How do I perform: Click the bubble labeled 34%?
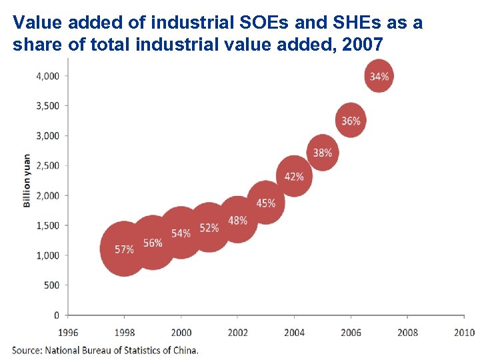379,76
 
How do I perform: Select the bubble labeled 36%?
351,121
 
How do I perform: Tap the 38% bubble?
323,153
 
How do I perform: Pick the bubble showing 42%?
294,177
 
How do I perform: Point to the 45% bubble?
266,203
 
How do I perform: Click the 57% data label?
124,249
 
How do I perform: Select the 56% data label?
153,243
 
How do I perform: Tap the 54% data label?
181,233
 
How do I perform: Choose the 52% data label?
209,228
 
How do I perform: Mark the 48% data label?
237,220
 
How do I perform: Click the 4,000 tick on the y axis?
47,76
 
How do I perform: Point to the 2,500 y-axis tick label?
47,165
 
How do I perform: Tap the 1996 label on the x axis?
68,332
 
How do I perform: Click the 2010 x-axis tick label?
464,332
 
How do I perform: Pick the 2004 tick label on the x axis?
294,332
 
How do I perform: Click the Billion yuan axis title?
27,181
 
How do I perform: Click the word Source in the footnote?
27,349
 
